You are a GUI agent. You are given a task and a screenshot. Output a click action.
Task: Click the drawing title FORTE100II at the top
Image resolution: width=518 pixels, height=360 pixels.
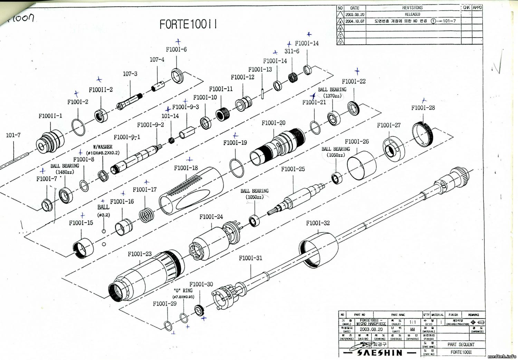[x=188, y=25]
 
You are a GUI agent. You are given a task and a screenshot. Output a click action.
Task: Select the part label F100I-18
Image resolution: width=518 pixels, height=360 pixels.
[x=186, y=168]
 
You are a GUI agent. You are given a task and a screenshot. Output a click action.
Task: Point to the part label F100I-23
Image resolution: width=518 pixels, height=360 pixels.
[x=140, y=254]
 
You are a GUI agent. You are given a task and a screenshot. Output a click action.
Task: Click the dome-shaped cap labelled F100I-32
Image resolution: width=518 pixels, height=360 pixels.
[x=319, y=251]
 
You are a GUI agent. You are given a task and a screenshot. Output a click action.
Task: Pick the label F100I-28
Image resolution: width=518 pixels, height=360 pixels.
[x=423, y=108]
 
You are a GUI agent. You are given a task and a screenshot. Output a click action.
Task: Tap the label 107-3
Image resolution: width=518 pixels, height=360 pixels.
[x=130, y=74]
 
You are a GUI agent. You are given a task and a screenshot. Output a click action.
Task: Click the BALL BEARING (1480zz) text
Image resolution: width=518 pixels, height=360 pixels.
[x=65, y=169]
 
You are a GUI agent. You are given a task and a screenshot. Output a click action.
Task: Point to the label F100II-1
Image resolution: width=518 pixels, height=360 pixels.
[x=50, y=116]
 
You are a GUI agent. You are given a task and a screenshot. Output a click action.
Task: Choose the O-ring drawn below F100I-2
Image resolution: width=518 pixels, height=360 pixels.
[x=78, y=128]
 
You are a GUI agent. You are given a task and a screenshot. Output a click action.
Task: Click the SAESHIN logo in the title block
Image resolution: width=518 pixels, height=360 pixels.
[x=379, y=352]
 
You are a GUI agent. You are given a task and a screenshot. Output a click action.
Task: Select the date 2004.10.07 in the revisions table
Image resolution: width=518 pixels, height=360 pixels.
[x=355, y=21]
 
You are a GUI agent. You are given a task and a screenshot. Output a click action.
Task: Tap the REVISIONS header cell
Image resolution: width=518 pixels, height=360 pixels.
[x=412, y=8]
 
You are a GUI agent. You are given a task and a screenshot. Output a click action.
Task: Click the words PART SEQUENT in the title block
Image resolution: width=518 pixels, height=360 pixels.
[x=461, y=344]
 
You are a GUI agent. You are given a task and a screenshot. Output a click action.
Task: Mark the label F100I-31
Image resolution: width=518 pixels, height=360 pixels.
[x=250, y=258]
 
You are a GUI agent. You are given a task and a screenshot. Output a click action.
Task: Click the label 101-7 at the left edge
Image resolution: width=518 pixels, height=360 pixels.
[x=13, y=135]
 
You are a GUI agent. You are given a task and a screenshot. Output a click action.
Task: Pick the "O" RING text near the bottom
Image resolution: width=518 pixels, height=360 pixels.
[x=183, y=291]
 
